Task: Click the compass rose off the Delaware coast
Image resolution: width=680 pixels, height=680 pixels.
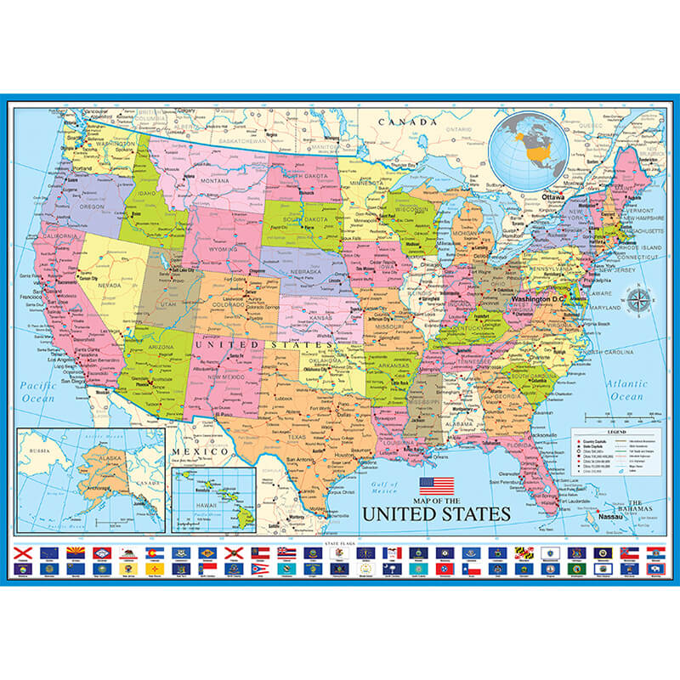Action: coord(637,299)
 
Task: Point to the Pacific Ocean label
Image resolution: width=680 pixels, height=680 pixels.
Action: coord(38,392)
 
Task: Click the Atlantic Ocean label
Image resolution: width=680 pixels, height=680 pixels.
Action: coord(627,390)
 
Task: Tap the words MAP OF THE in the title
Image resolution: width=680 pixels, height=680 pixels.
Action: coord(437,500)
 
